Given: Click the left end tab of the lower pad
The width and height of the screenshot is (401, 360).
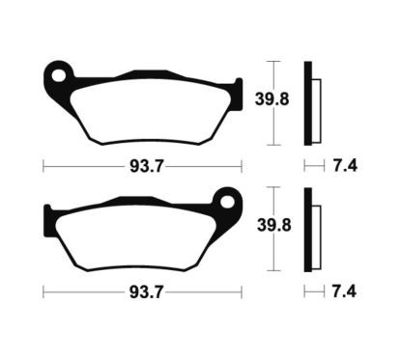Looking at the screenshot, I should click(x=50, y=214).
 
